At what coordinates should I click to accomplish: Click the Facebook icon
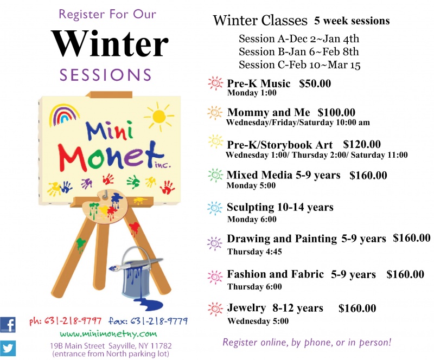(8, 325)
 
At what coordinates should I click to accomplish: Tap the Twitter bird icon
(8, 349)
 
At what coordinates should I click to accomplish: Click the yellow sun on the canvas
(159, 117)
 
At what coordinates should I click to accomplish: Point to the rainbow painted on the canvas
(64, 114)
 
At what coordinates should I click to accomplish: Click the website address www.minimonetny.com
(108, 334)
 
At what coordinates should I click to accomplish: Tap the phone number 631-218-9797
(73, 321)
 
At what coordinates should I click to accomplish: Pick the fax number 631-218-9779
(159, 321)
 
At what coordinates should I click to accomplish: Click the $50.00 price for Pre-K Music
(315, 83)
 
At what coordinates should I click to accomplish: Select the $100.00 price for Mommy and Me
(336, 112)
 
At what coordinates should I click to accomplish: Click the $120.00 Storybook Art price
(362, 144)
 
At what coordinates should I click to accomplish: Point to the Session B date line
(299, 52)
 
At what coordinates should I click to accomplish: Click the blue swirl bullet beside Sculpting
(215, 208)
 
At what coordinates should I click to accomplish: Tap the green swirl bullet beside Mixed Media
(215, 175)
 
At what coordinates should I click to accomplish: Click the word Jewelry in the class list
(247, 308)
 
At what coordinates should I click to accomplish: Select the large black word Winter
(110, 44)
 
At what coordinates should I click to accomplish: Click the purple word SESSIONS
(106, 75)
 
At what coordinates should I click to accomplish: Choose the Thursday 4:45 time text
(254, 252)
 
